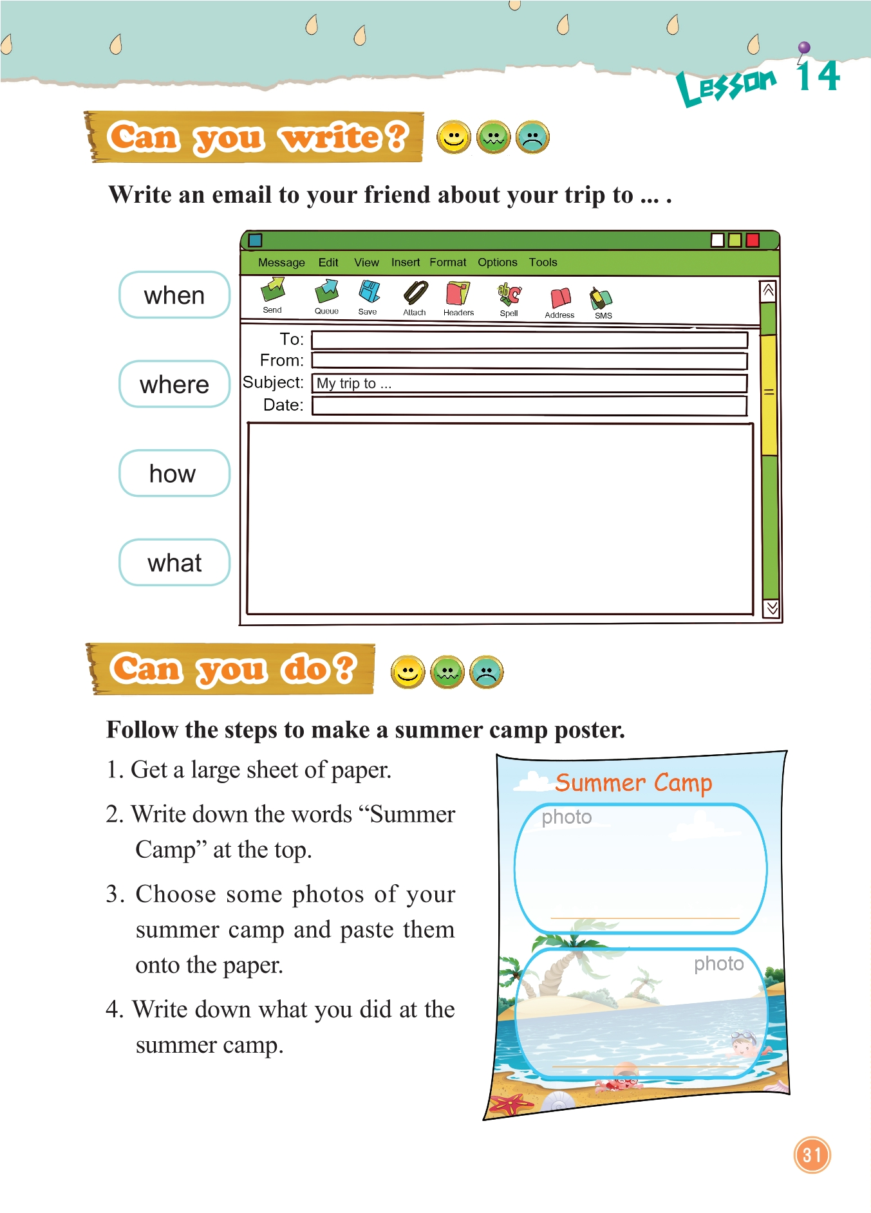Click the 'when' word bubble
(174, 295)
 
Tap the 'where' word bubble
(174, 384)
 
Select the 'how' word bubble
(174, 473)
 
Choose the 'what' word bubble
(174, 562)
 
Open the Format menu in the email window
(448, 263)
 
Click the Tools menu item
(543, 263)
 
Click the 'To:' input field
(529, 340)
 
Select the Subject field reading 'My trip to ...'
(529, 384)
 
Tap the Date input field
(529, 406)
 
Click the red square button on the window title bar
(753, 240)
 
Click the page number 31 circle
(812, 1155)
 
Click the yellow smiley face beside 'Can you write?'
(454, 138)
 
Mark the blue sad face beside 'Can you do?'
(487, 672)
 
